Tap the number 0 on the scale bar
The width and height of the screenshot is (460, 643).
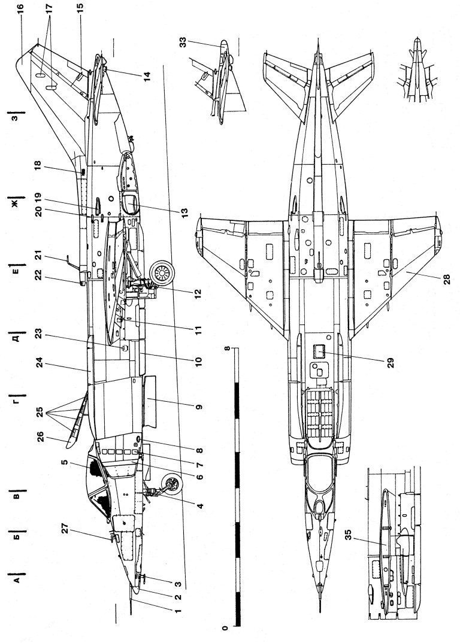click(225, 628)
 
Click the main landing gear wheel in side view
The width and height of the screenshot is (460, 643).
click(160, 274)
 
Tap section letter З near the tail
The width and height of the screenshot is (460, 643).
click(17, 116)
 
